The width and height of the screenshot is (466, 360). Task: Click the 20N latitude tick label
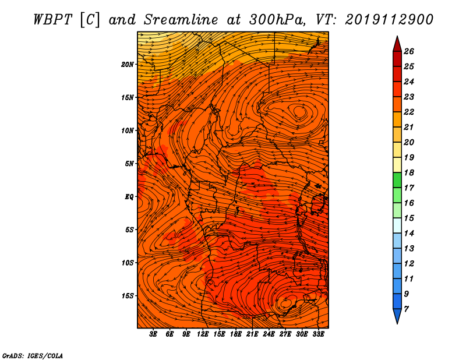coord(128,65)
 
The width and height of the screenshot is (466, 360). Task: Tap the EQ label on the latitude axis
coord(129,197)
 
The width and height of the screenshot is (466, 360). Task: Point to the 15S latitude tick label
coord(128,296)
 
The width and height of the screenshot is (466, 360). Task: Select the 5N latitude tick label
coord(129,164)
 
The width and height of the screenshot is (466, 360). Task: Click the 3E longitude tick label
coord(153,334)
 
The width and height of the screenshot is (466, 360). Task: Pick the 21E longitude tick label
coord(252,334)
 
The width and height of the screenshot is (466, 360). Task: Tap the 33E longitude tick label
coord(318,334)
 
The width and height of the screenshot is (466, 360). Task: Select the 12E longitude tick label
coord(202,334)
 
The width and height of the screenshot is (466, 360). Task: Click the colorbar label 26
coord(409,51)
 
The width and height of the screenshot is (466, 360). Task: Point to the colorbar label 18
coord(409,172)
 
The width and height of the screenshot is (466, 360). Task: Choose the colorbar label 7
coord(406,309)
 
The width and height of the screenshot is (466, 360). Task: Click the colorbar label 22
coord(409,112)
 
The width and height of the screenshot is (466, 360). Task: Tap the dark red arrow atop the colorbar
coord(397,44)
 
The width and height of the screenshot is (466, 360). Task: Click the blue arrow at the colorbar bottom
coord(397,316)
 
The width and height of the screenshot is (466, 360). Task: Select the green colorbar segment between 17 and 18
coord(397,180)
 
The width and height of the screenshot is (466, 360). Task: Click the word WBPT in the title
coord(52,20)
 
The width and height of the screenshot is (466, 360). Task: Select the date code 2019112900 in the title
coord(389,20)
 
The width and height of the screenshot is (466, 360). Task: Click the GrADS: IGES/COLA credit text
coord(33,355)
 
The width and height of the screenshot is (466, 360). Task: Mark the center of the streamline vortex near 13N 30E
coord(300,112)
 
